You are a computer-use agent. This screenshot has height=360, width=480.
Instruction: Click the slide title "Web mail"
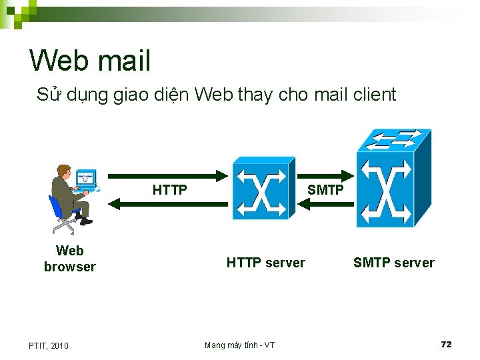tap(90, 61)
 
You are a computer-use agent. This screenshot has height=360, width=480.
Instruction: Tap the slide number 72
tap(446, 344)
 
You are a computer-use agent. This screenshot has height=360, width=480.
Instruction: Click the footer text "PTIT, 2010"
tap(48, 345)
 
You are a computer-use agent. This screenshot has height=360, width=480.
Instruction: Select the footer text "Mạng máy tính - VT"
tap(239, 345)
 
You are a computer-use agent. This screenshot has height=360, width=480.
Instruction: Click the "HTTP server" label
tap(265, 263)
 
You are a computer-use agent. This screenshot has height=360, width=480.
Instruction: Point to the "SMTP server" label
tap(393, 263)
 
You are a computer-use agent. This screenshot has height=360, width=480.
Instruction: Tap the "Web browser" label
tap(70, 259)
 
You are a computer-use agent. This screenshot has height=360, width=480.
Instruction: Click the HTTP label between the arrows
tap(169, 191)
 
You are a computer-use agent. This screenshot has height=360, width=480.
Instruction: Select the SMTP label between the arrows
tap(325, 190)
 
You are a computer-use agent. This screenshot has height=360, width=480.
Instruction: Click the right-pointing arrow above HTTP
tap(167, 176)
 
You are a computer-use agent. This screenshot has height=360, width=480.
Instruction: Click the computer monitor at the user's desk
tap(85, 178)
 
